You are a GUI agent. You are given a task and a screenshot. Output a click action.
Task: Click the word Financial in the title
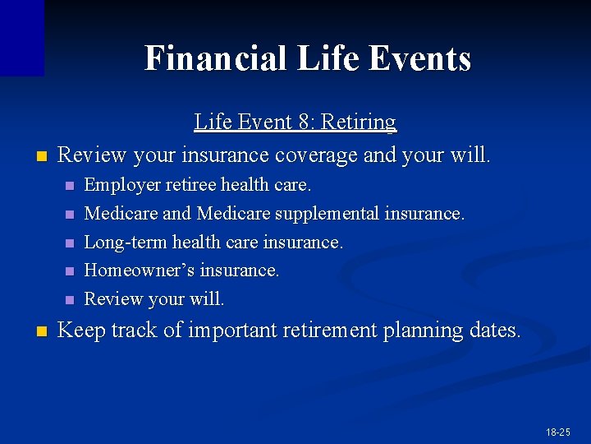215,58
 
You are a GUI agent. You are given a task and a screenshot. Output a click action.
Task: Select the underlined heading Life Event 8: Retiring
295,123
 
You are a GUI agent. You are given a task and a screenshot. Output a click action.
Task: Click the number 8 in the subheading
307,123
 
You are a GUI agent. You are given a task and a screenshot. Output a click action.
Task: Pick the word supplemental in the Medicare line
326,214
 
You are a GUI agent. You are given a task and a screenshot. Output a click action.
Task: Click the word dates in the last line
495,331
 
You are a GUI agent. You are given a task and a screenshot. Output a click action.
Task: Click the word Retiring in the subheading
359,123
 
